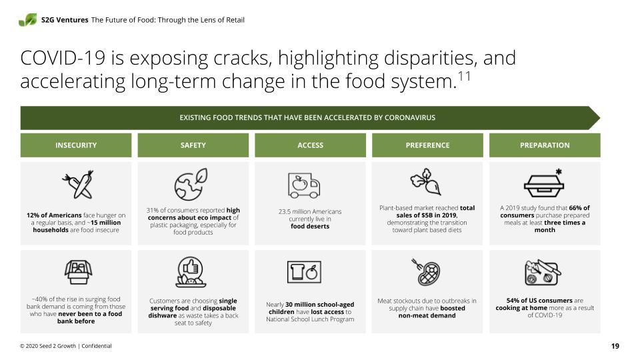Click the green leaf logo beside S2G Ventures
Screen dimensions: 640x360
click(28, 19)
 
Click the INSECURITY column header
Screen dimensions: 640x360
click(76, 145)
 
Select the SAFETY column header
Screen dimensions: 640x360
click(193, 145)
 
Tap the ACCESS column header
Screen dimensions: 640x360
click(310, 145)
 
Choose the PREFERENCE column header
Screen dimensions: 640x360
click(427, 145)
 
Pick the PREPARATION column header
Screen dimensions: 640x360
click(545, 145)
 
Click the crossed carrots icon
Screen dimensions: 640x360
click(79, 185)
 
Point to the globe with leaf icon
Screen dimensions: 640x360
click(191, 185)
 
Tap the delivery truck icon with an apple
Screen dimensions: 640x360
click(304, 185)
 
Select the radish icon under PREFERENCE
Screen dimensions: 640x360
click(426, 181)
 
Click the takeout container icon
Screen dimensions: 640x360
click(544, 184)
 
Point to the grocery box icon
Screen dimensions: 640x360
click(78, 272)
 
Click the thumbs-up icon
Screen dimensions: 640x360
click(191, 272)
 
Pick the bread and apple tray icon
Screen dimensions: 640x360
click(304, 272)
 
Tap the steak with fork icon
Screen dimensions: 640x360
click(426, 272)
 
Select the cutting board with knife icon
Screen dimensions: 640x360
click(543, 272)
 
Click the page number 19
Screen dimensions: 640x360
click(615, 346)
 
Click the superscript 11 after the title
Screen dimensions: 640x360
click(465, 76)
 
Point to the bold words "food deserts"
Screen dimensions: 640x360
click(310, 226)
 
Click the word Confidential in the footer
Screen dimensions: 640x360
click(96, 346)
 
